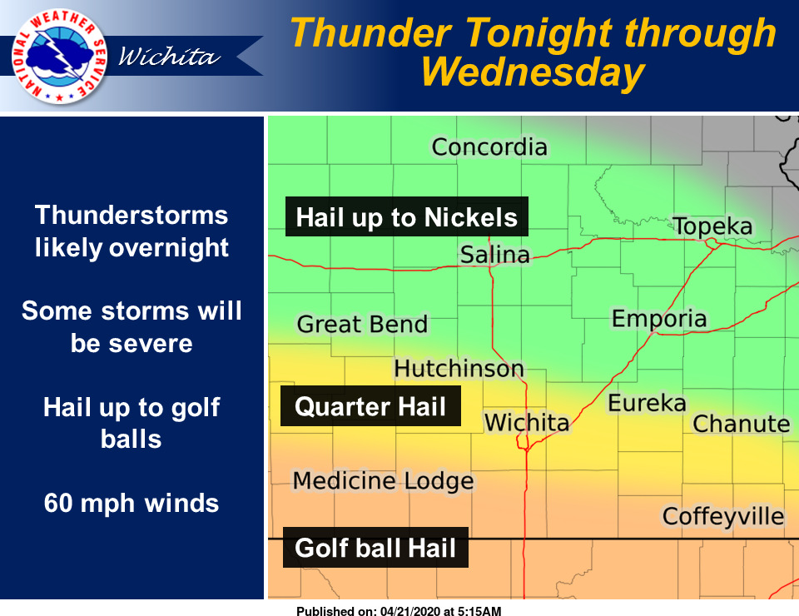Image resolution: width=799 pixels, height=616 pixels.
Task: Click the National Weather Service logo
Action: click(59, 56)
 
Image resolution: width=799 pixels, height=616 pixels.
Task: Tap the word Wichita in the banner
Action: click(170, 57)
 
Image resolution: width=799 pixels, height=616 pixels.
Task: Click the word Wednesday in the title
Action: click(533, 73)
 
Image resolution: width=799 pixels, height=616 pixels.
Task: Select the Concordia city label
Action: click(489, 147)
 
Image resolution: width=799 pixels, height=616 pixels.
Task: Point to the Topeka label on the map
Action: click(712, 226)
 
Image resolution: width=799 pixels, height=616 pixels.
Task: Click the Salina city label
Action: click(494, 255)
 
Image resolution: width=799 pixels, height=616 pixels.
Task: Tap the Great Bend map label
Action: click(362, 324)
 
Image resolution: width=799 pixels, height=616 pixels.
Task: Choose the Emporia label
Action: click(659, 319)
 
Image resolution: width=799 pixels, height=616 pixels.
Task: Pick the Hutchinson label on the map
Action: click(459, 369)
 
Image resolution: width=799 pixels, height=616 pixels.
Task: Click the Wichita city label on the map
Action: click(526, 422)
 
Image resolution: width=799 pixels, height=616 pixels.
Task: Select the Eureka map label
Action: click(648, 403)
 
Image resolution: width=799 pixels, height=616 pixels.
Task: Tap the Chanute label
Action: click(742, 424)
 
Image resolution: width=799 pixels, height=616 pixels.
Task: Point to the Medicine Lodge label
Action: click(383, 481)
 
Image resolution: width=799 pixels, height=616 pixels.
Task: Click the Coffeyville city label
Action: click(723, 517)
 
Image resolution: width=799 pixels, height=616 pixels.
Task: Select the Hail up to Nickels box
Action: click(407, 216)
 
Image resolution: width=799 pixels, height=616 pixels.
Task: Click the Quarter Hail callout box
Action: click(370, 406)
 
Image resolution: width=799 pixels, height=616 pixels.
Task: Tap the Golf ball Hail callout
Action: click(375, 548)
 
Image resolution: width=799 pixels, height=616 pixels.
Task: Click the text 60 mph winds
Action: click(132, 503)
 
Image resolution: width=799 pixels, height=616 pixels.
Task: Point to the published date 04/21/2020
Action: click(410, 611)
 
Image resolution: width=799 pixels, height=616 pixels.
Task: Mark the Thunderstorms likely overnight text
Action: click(132, 231)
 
